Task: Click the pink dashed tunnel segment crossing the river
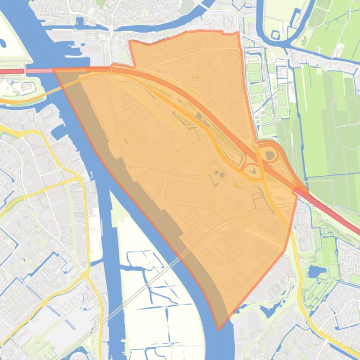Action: click(38, 71)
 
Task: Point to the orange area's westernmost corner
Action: click(53, 69)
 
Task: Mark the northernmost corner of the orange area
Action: click(238, 32)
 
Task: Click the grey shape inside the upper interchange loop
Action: click(270, 155)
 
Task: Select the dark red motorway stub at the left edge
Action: click(12, 72)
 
